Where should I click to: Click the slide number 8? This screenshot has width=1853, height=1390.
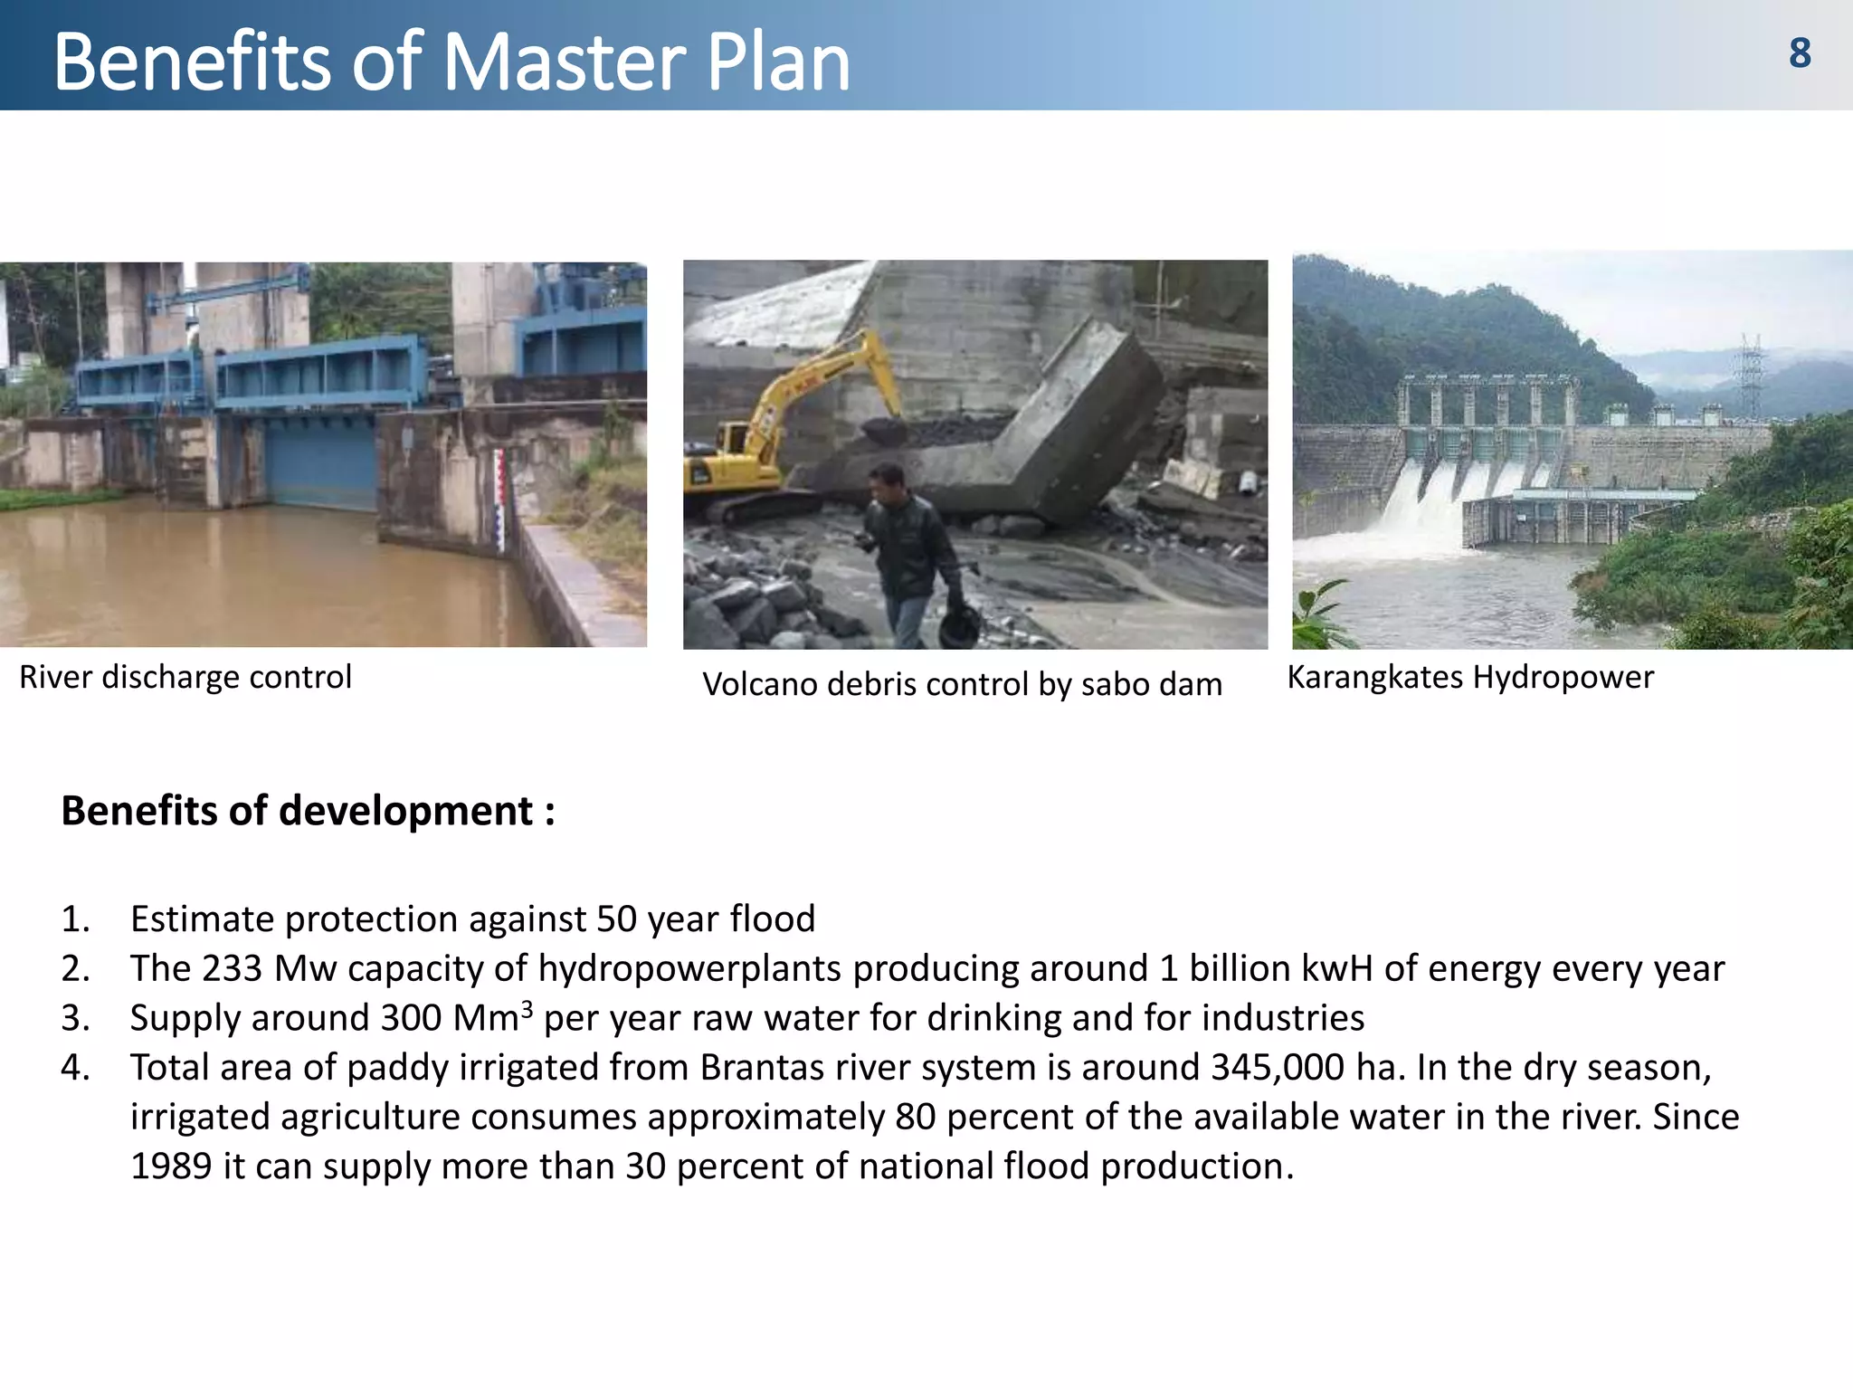point(1800,53)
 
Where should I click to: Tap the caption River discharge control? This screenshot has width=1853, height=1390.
point(185,677)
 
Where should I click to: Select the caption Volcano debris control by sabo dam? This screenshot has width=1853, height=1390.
point(962,684)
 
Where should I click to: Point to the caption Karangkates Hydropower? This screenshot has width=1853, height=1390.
point(1470,677)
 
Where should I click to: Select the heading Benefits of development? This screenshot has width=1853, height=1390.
point(308,811)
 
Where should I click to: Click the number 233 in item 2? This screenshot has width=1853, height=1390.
point(232,968)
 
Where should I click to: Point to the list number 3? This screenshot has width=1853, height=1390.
point(75,1018)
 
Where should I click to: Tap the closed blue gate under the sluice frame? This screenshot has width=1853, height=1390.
point(321,462)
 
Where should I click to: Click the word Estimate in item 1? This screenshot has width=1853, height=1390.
point(203,919)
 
